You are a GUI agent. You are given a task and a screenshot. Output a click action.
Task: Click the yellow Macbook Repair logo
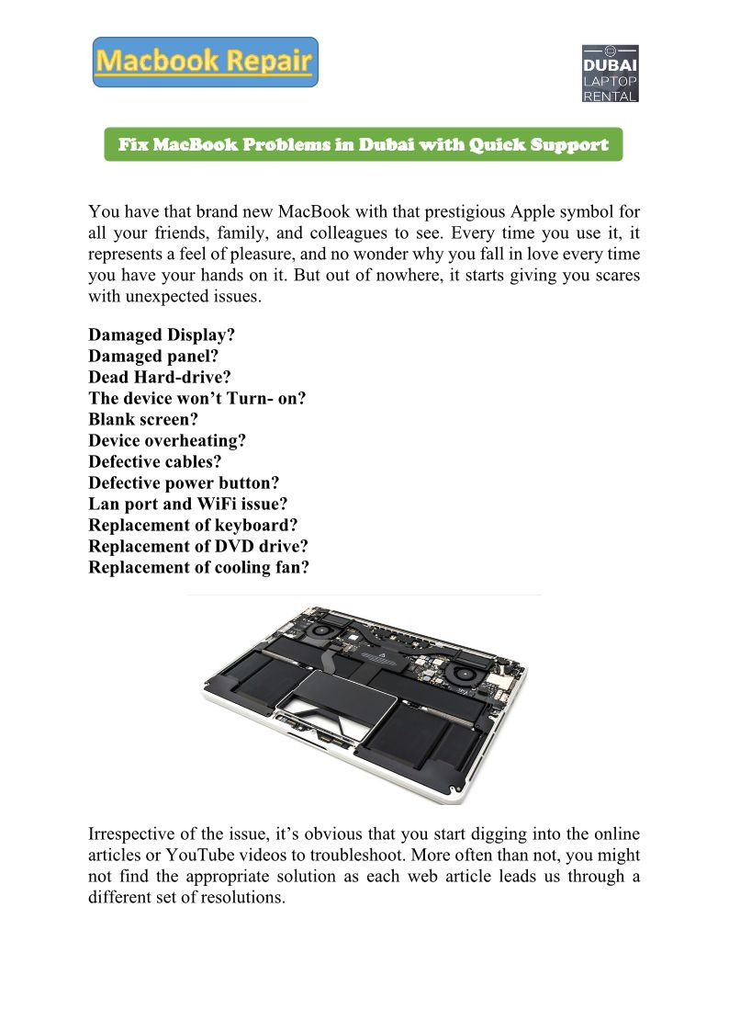coord(205,62)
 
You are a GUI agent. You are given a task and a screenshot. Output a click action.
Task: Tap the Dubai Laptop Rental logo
coord(611,73)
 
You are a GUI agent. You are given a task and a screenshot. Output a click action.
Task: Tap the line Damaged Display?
coord(162,335)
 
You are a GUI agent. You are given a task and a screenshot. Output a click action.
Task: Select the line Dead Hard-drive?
coord(159,377)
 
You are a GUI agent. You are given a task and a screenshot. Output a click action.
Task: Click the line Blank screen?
coord(143,419)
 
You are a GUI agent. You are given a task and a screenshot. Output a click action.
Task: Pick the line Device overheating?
coord(167,440)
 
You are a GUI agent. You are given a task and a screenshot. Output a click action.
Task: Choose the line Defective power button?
coord(184,482)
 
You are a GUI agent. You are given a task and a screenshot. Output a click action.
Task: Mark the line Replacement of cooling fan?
coord(198,567)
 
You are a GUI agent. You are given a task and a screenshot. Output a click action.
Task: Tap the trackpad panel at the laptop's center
coord(331,696)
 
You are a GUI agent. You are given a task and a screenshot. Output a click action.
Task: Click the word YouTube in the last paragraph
coord(184,855)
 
